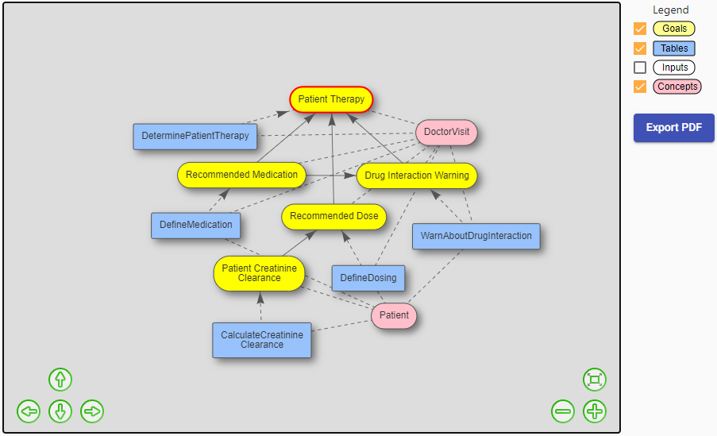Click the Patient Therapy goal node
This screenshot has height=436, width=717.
pos(331,99)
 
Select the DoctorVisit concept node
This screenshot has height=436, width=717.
pos(446,133)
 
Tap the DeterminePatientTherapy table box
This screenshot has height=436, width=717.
pos(195,136)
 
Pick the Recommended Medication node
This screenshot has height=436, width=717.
pos(241,175)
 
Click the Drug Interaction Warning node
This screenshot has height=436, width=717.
pos(417,176)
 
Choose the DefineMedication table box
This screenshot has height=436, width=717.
pos(195,225)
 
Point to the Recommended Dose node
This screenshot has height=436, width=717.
pos(333,216)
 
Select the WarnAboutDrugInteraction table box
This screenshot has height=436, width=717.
pos(476,237)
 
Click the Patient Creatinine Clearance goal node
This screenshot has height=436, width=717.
pos(259,273)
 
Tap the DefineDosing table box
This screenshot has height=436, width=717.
pos(368,278)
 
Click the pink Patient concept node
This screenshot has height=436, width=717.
pos(394,315)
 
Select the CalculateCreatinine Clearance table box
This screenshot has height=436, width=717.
pos(261,340)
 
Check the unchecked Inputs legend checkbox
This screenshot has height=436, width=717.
pos(640,68)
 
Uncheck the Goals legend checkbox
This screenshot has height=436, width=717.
pos(640,29)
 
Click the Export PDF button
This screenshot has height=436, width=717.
pos(673,128)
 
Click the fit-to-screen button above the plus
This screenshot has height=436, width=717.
pos(595,380)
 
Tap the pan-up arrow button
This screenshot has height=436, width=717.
pos(60,380)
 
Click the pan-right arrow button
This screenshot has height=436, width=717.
pos(92,411)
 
